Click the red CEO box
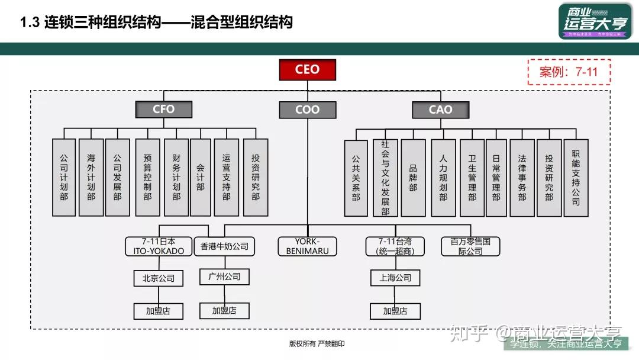click(307, 70)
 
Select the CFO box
click(163, 110)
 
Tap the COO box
click(307, 110)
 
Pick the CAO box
click(440, 110)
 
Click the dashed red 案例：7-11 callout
click(569, 72)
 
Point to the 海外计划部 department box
click(91, 177)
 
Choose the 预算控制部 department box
click(147, 177)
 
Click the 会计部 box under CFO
click(200, 177)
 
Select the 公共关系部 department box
click(356, 177)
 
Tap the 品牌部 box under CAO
click(413, 177)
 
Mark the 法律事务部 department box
click(522, 177)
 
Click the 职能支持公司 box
click(576, 177)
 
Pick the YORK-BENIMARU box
click(307, 246)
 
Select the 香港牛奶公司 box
click(224, 246)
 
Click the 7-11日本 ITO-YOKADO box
click(159, 246)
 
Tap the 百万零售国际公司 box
click(470, 246)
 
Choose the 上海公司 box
click(396, 278)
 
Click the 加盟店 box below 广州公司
click(224, 310)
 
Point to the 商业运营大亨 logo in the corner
click(586, 21)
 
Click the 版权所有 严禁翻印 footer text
click(317, 343)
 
